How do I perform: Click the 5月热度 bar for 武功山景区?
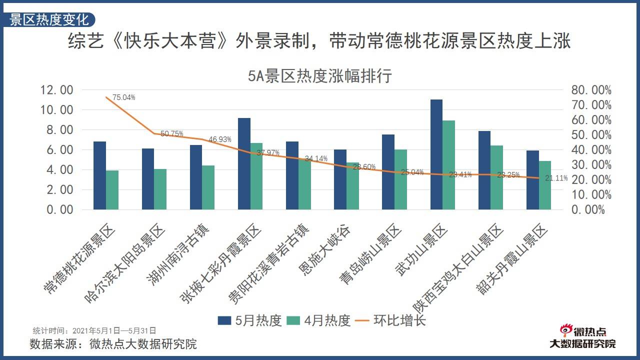[x=436, y=154]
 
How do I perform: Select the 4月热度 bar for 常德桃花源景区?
[x=112, y=190]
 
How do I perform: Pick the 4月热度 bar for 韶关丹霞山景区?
[x=544, y=185]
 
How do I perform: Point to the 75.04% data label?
[x=124, y=97]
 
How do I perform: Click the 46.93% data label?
[x=220, y=139]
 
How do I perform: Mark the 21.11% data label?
[x=556, y=178]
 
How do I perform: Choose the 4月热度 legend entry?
[x=319, y=320]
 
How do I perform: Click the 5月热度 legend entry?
[x=249, y=320]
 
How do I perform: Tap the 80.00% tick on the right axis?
[x=590, y=90]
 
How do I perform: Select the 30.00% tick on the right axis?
[x=590, y=164]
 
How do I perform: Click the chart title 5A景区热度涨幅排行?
[x=320, y=76]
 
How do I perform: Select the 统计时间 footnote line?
[x=94, y=330]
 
